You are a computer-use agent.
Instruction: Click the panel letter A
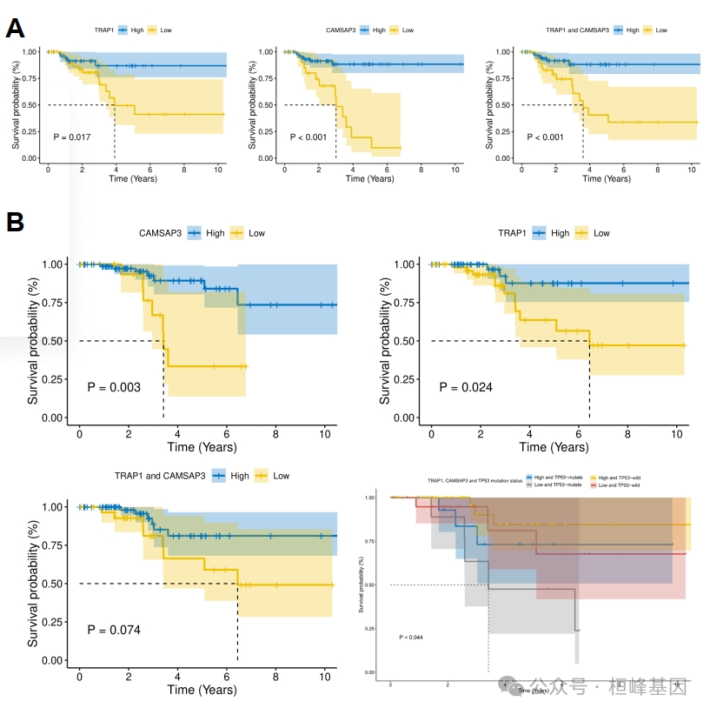tap(15, 28)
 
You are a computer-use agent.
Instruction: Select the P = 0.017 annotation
tap(72, 137)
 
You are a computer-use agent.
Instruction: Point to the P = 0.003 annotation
tap(115, 386)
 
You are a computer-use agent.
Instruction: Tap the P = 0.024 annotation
tap(466, 386)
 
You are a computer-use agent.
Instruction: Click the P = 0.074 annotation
tap(115, 629)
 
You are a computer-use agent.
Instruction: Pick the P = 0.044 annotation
tap(410, 638)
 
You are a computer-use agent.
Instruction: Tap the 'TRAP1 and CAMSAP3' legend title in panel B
tap(160, 476)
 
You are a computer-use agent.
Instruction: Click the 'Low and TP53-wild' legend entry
tap(621, 484)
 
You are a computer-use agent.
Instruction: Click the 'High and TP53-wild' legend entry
tap(621, 478)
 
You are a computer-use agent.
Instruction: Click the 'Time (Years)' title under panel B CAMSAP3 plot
tap(202, 447)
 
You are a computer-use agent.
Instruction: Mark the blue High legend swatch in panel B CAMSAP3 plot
tap(193, 233)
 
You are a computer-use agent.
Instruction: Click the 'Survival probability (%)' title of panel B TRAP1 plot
tap(385, 341)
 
